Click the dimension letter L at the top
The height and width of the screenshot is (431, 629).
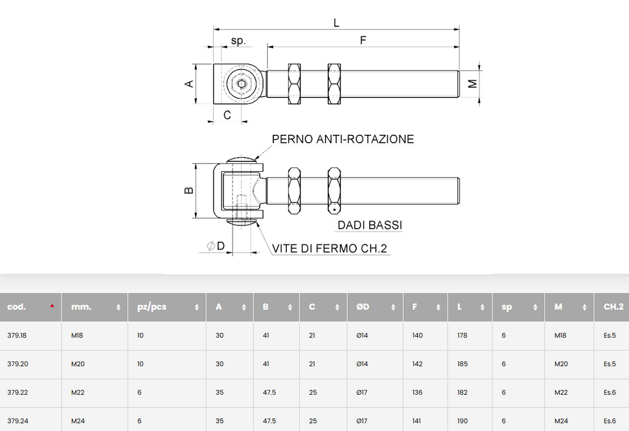click(x=336, y=22)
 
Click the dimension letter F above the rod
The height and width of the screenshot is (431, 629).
click(x=363, y=41)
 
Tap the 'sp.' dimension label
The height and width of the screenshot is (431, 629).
click(x=238, y=41)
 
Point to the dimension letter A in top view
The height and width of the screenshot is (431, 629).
click(x=190, y=84)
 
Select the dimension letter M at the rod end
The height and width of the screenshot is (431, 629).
click(x=473, y=84)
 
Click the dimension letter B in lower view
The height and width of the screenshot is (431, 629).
click(x=190, y=190)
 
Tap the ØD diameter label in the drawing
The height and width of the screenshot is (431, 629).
click(x=216, y=246)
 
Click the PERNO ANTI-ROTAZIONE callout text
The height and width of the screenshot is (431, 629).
click(x=343, y=139)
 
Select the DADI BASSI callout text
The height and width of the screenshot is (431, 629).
click(x=369, y=225)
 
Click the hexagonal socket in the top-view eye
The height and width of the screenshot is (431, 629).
click(x=240, y=84)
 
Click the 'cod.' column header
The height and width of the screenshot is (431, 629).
click(x=17, y=307)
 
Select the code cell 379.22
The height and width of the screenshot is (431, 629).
click(x=18, y=392)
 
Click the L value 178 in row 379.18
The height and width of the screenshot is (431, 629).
click(x=462, y=336)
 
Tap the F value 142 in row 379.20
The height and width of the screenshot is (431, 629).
click(x=417, y=364)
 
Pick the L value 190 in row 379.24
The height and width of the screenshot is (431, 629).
click(x=462, y=421)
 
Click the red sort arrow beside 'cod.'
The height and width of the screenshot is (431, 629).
click(x=52, y=305)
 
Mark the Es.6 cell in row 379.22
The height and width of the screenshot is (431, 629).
click(x=609, y=392)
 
